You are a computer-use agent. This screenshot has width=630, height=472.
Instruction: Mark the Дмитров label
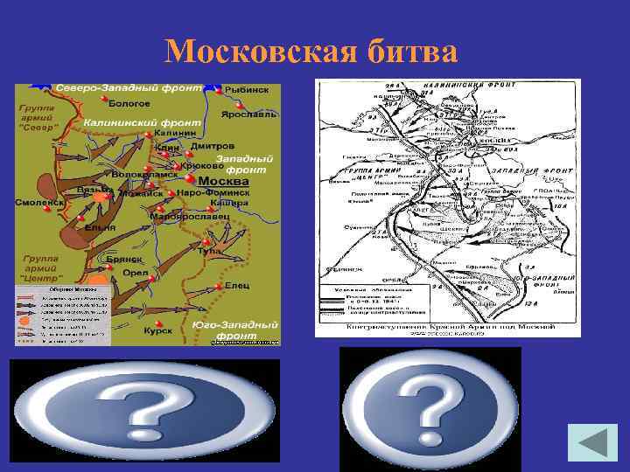(213, 145)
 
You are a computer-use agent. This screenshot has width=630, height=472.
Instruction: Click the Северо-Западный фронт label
(129, 89)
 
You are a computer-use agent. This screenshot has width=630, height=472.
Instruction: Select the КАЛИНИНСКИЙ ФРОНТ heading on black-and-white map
(456, 85)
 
